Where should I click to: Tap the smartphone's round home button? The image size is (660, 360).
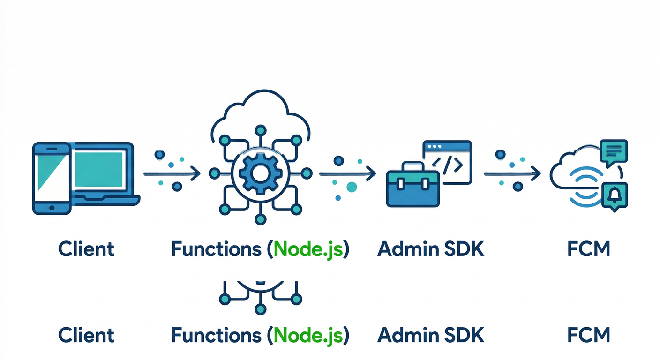point(52,206)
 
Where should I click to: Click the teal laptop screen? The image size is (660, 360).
point(99,169)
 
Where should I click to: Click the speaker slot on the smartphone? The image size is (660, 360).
point(52,149)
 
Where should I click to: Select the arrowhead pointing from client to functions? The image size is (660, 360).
point(196,174)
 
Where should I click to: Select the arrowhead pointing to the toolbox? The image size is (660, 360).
point(371,174)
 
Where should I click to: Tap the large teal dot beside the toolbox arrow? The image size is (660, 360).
point(351,187)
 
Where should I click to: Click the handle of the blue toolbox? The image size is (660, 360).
point(412,166)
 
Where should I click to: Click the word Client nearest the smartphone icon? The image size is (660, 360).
point(86,249)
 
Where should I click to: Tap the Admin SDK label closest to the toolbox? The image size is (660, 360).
point(430,249)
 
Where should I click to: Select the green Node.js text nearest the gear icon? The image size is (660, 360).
point(307,249)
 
